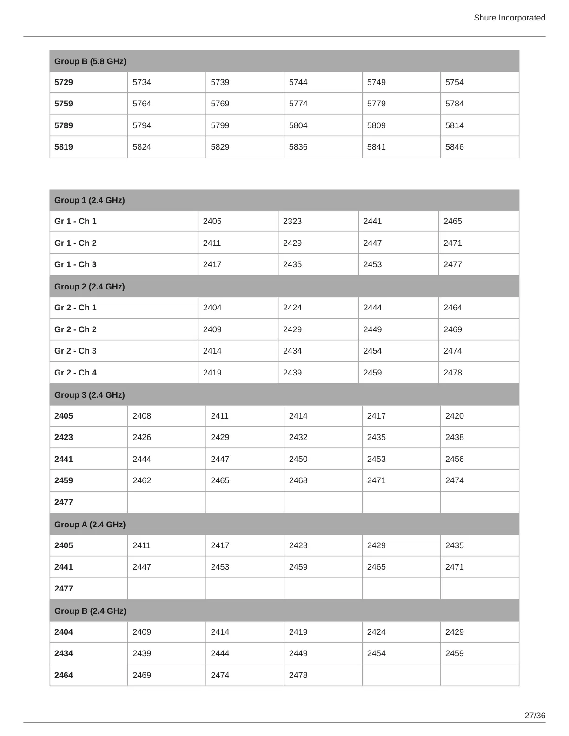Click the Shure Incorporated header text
tap(509, 18)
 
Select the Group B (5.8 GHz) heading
tap(90, 61)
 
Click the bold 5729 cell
tap(64, 82)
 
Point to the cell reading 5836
tap(298, 147)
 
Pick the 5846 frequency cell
tap(454, 147)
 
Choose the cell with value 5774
tap(298, 104)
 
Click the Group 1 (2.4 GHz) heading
tap(89, 200)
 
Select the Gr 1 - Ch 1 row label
tap(75, 221)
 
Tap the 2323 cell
tap(292, 221)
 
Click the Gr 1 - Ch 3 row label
tap(75, 264)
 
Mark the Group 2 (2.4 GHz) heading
tap(89, 287)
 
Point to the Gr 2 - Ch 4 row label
tap(75, 373)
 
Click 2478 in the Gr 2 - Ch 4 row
tap(452, 373)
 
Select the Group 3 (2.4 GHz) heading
tap(89, 395)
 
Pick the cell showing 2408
tap(142, 416)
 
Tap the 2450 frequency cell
tap(298, 459)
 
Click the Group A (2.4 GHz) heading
tap(90, 525)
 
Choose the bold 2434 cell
tap(64, 653)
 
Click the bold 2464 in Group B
tap(64, 675)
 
